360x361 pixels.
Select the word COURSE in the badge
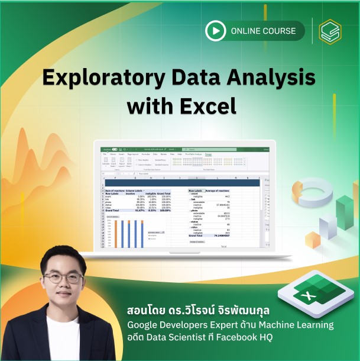tap(283, 30)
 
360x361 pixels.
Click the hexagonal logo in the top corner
tap(331, 31)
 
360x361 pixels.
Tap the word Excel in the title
tap(208, 106)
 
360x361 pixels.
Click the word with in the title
tap(150, 106)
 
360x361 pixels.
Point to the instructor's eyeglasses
tap(62, 278)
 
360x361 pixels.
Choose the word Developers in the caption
tap(189, 325)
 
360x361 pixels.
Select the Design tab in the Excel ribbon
tap(209, 154)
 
